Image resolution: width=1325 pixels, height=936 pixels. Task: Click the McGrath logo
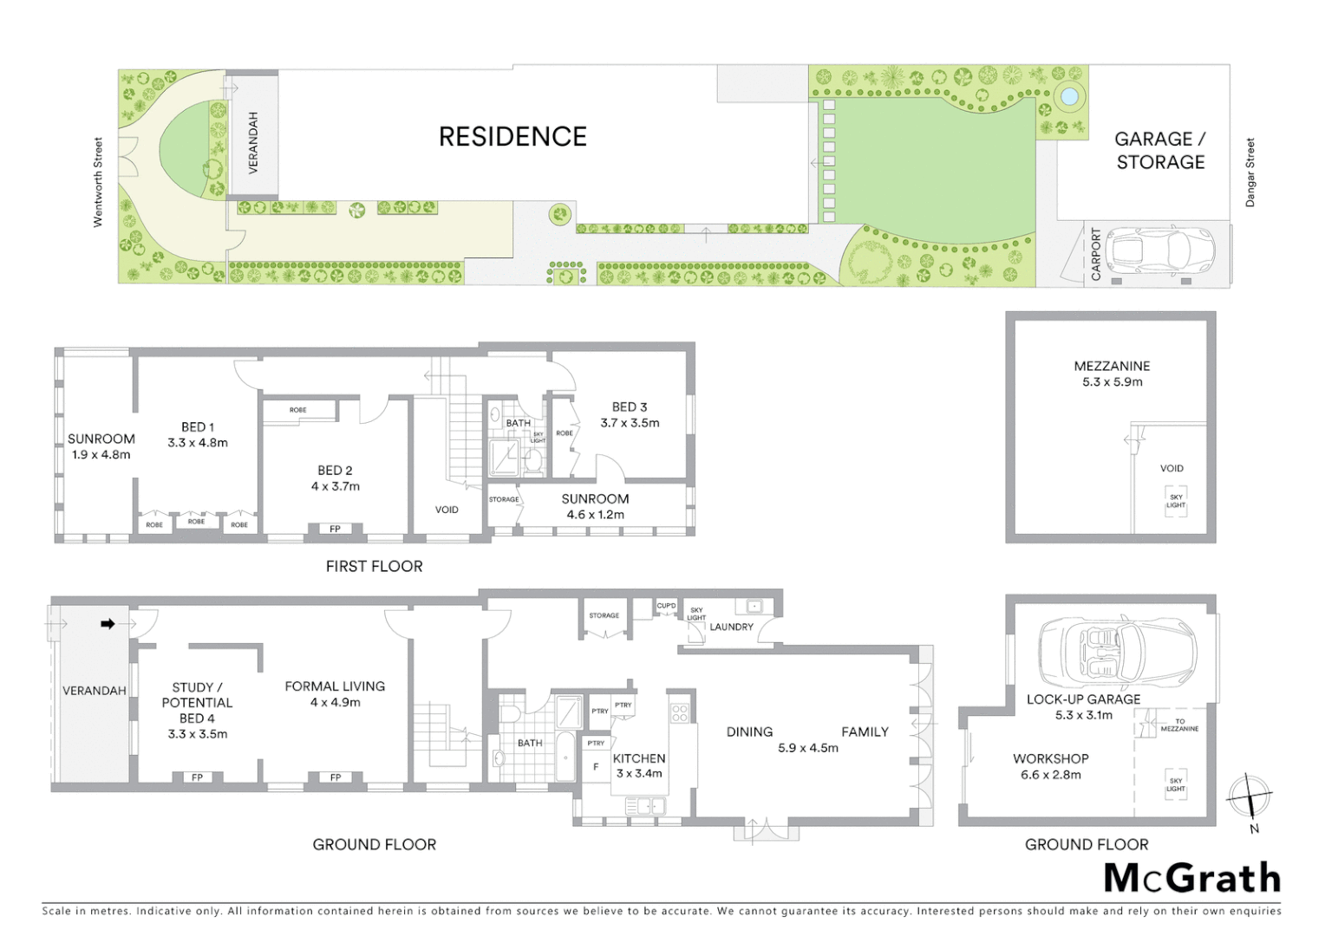coord(1192,878)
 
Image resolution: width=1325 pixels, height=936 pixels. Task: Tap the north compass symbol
coord(1250,796)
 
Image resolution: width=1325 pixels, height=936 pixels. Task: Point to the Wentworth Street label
coord(98,183)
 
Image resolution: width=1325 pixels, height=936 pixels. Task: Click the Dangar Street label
coord(1250,172)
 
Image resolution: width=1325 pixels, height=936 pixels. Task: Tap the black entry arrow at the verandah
coord(108,623)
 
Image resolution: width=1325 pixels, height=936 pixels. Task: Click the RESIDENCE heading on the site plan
coord(512,137)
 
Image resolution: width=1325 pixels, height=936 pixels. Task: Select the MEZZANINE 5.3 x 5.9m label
coord(1112,374)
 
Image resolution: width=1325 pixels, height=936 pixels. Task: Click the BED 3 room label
coord(630,414)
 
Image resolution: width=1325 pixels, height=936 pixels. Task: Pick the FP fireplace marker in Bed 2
coord(335,529)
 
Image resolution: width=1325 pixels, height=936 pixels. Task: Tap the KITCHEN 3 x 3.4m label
coord(639,765)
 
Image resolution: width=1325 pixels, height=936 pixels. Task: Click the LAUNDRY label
coord(731,627)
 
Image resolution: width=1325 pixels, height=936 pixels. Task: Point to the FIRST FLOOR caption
coord(374,566)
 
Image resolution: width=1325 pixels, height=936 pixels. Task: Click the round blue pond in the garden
coord(1069,95)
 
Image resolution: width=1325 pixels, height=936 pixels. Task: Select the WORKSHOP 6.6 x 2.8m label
coord(1050,766)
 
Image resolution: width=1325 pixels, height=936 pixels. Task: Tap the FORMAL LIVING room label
coord(335,693)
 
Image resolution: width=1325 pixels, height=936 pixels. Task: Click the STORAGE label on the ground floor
coord(604,615)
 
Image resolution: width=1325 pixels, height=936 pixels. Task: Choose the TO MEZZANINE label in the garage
coord(1179,725)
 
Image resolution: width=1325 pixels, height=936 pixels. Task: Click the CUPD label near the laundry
coord(666,606)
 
